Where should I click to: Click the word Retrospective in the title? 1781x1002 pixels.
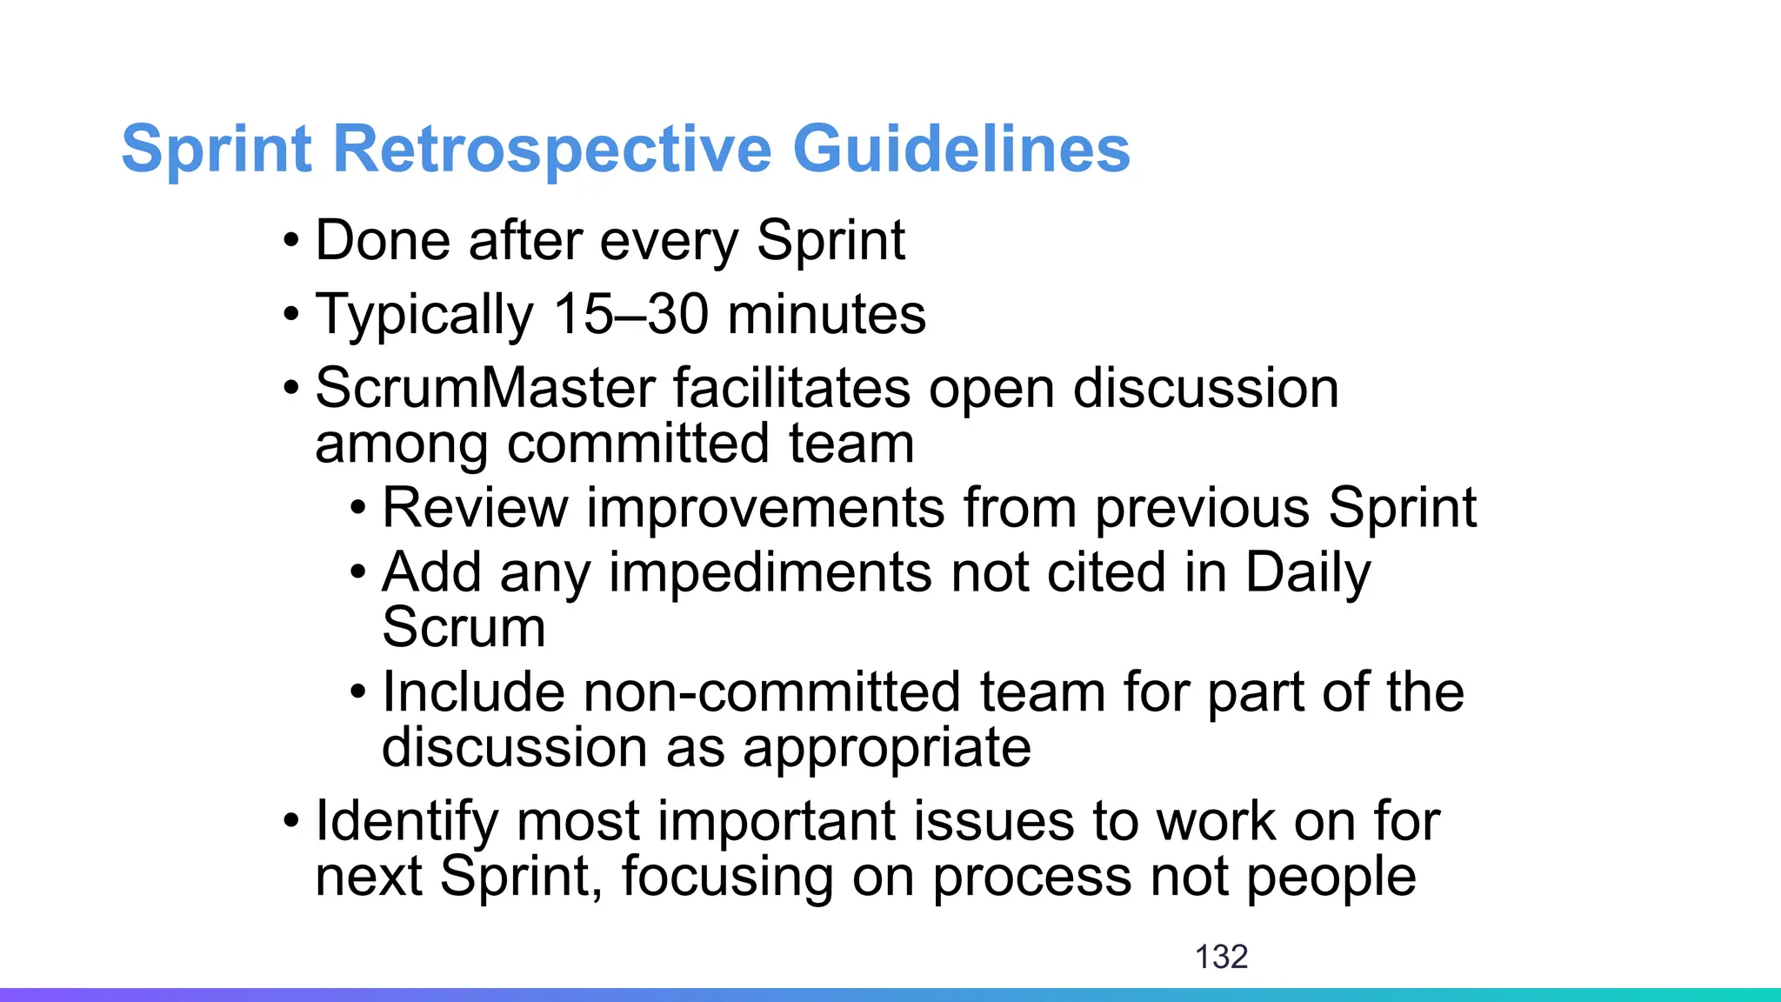tap(551, 150)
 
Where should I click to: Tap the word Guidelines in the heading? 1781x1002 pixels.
tap(960, 150)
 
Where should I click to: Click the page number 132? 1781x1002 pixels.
tap(1221, 957)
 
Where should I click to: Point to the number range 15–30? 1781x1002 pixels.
tap(631, 314)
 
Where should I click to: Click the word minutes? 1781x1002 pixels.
tap(826, 314)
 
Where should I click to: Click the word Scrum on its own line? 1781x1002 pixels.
tap(464, 627)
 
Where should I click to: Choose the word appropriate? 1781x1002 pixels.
tap(887, 748)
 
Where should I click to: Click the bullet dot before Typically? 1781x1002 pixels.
tap(291, 314)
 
